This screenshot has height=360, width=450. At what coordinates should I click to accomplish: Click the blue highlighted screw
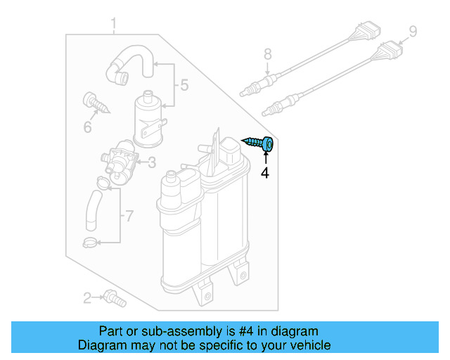click(x=261, y=144)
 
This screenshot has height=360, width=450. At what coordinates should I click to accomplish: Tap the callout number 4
click(x=265, y=172)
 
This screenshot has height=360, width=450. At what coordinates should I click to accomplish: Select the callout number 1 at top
click(x=113, y=26)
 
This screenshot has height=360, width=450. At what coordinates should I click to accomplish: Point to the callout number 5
click(x=184, y=86)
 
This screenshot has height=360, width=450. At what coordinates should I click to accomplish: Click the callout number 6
click(x=88, y=127)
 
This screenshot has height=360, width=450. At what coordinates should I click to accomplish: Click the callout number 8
click(x=267, y=53)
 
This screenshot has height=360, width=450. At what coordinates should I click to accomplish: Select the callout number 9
click(x=413, y=31)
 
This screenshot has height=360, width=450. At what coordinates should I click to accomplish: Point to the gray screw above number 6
click(x=96, y=103)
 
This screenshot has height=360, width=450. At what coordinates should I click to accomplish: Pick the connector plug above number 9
click(x=389, y=51)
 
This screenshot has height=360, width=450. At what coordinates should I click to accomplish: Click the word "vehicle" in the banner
click(x=305, y=345)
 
